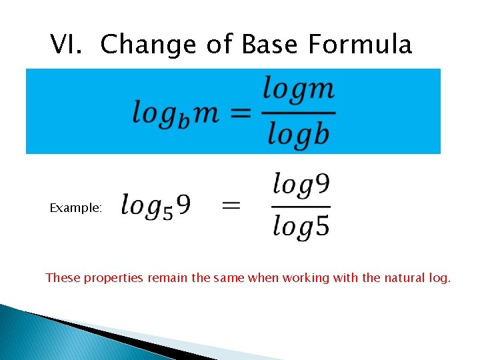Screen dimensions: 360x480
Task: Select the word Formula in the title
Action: (x=360, y=45)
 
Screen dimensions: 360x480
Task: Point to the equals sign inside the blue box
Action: (x=241, y=113)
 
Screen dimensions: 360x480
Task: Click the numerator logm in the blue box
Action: (x=298, y=89)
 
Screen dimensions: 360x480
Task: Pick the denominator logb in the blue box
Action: (x=298, y=135)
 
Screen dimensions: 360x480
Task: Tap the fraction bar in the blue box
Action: (x=298, y=112)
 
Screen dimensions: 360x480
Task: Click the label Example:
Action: (x=76, y=208)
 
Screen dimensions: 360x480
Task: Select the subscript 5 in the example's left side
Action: (x=168, y=212)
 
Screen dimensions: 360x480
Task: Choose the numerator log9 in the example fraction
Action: (x=301, y=185)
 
